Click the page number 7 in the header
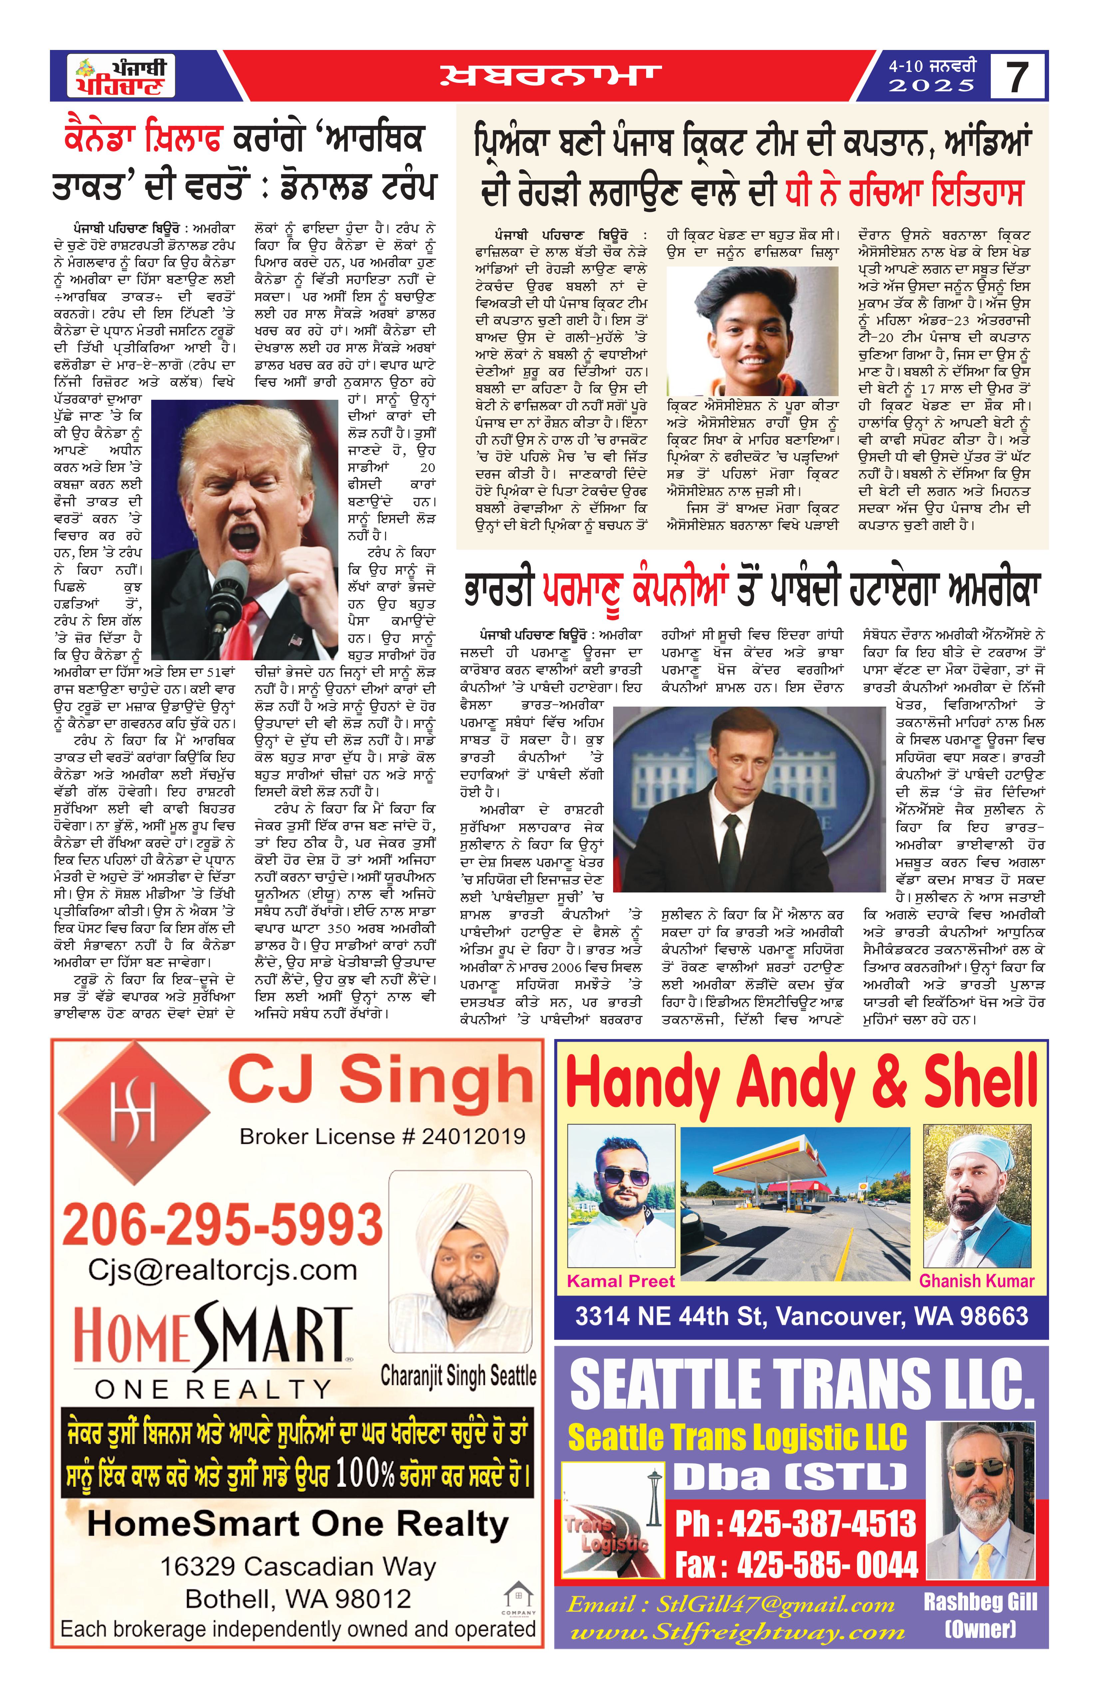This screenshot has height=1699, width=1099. pyautogui.click(x=1018, y=76)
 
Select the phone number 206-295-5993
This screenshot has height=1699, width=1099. pyautogui.click(x=223, y=1224)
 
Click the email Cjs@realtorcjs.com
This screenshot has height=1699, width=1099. pyautogui.click(x=223, y=1271)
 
